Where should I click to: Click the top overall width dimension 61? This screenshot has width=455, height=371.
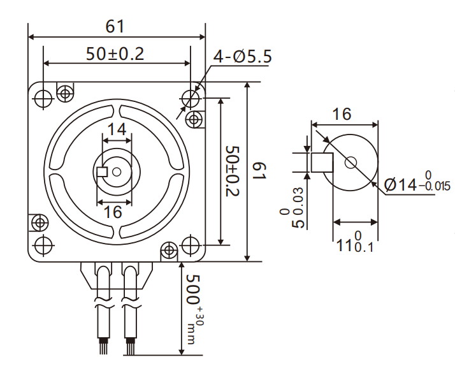click(x=115, y=27)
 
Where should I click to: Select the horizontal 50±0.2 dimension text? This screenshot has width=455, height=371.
click(x=115, y=54)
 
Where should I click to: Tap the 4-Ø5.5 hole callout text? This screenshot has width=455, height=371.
click(x=242, y=57)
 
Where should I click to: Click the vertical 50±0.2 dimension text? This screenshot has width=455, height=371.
click(x=233, y=171)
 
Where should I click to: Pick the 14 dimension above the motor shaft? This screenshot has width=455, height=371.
click(x=116, y=129)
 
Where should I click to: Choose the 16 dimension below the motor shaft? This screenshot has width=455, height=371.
click(x=113, y=212)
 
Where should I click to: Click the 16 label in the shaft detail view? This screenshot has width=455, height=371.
click(x=342, y=114)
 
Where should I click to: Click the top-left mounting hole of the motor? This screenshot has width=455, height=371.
click(x=43, y=98)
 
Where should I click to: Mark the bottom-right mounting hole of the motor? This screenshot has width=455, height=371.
click(x=190, y=244)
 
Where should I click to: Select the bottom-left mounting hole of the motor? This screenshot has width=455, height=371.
click(x=43, y=244)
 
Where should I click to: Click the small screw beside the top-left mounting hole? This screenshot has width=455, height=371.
click(x=64, y=93)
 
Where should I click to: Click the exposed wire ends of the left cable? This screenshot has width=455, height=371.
click(x=103, y=348)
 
